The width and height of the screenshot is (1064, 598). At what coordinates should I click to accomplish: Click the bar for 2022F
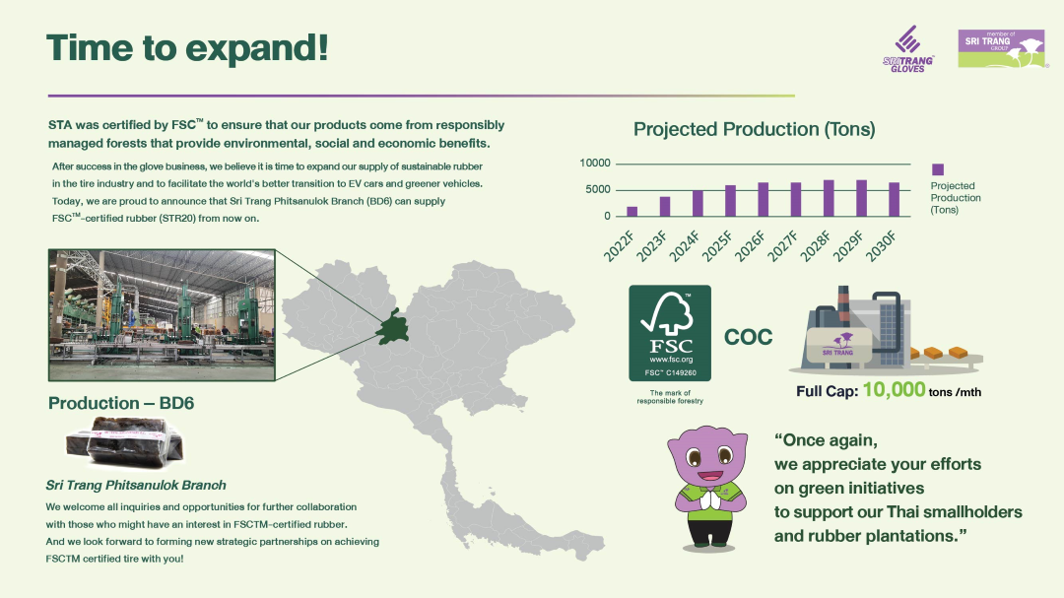[632, 211]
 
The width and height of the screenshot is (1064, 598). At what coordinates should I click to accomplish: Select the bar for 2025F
[730, 200]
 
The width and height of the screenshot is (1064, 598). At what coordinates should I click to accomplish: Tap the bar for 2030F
[895, 199]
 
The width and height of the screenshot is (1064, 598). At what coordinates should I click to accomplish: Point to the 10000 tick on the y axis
[595, 163]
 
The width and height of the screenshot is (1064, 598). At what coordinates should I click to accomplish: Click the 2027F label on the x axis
[784, 245]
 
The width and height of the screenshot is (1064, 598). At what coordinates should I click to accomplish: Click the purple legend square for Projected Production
[938, 169]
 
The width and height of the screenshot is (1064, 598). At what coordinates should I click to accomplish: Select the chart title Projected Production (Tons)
[754, 129]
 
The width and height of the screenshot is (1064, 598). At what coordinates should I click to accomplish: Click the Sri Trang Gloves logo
[908, 49]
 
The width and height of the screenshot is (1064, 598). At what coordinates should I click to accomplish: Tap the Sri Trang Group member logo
[1002, 48]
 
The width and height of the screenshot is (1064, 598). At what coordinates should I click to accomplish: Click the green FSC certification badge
[670, 333]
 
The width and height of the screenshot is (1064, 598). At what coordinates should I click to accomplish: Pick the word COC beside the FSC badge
[748, 337]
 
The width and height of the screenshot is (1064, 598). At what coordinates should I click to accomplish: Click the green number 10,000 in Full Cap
[894, 389]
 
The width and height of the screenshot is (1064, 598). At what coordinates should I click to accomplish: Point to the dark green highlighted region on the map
[393, 328]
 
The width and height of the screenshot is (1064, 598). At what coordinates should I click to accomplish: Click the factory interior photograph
[162, 315]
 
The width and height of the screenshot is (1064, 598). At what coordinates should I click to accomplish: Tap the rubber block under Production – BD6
[125, 442]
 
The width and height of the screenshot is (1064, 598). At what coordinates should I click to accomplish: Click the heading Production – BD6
[121, 403]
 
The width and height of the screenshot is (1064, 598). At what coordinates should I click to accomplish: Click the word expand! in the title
[256, 48]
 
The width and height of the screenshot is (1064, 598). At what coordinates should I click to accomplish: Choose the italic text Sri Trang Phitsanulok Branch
[136, 486]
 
